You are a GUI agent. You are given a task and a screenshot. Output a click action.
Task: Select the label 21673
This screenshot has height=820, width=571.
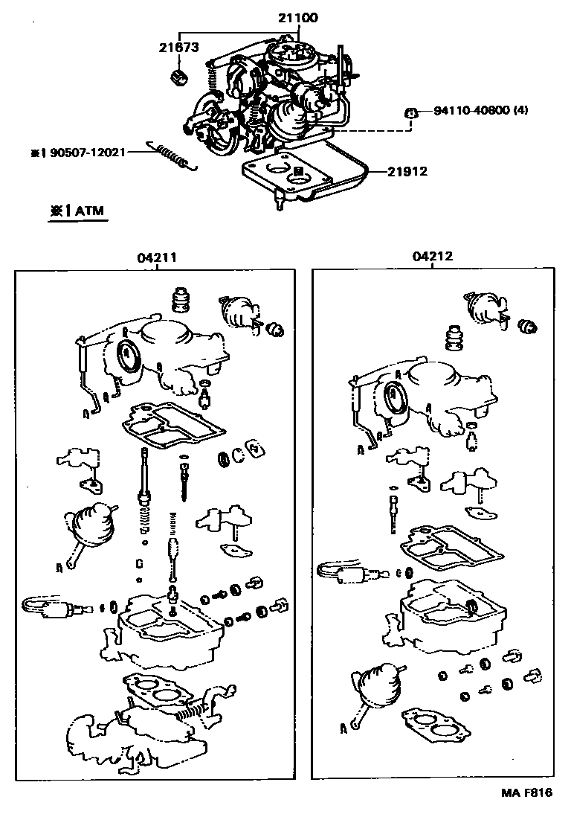point(178,48)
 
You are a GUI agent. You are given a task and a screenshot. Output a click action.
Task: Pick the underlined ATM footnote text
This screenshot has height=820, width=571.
point(79,211)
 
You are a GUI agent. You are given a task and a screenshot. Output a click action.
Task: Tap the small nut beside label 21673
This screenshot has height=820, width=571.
point(178,75)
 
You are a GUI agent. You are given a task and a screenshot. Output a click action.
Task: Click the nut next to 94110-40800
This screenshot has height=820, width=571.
point(408,113)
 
